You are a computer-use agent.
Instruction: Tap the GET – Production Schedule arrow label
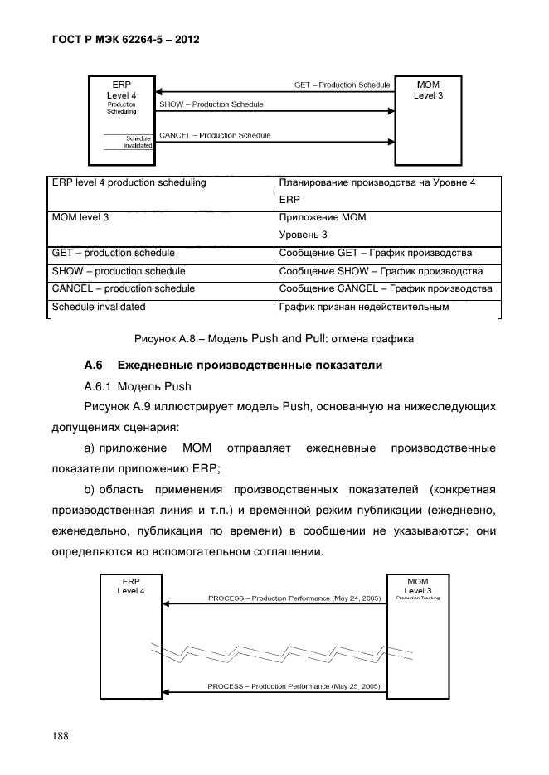tap(341, 85)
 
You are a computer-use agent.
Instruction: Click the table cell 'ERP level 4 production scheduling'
tap(129, 182)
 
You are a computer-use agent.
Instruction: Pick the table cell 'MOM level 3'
tap(80, 217)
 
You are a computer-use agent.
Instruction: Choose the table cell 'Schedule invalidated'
tap(98, 307)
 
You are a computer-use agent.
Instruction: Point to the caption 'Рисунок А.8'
tap(169, 338)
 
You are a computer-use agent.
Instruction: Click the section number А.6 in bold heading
tap(93, 366)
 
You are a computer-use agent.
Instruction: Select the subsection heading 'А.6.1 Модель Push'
tap(138, 386)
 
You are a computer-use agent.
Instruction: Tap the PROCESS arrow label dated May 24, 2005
tap(294, 598)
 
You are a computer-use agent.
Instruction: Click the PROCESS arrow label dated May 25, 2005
tap(294, 686)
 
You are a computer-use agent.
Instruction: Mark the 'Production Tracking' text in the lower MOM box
tap(417, 598)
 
